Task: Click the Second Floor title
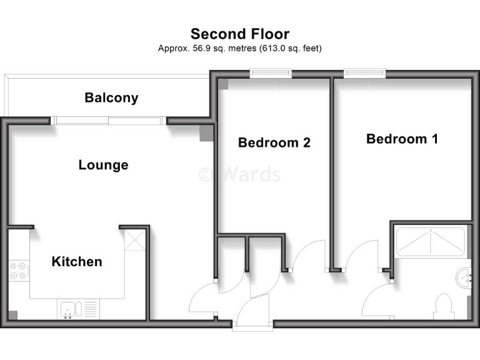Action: click(240, 34)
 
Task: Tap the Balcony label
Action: click(111, 98)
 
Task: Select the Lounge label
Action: click(103, 165)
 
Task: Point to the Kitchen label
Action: click(76, 261)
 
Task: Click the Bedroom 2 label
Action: click(274, 142)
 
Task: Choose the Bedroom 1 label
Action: click(402, 139)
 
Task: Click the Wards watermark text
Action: click(240, 174)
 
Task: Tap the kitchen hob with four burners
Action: click(18, 270)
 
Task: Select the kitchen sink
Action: click(69, 309)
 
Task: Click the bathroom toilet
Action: click(444, 306)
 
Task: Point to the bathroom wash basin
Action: click(465, 276)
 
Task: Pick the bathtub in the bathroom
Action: click(431, 242)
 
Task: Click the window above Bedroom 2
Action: click(271, 74)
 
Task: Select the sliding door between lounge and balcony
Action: click(109, 121)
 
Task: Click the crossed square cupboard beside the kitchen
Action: click(134, 241)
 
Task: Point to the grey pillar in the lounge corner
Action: click(206, 133)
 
